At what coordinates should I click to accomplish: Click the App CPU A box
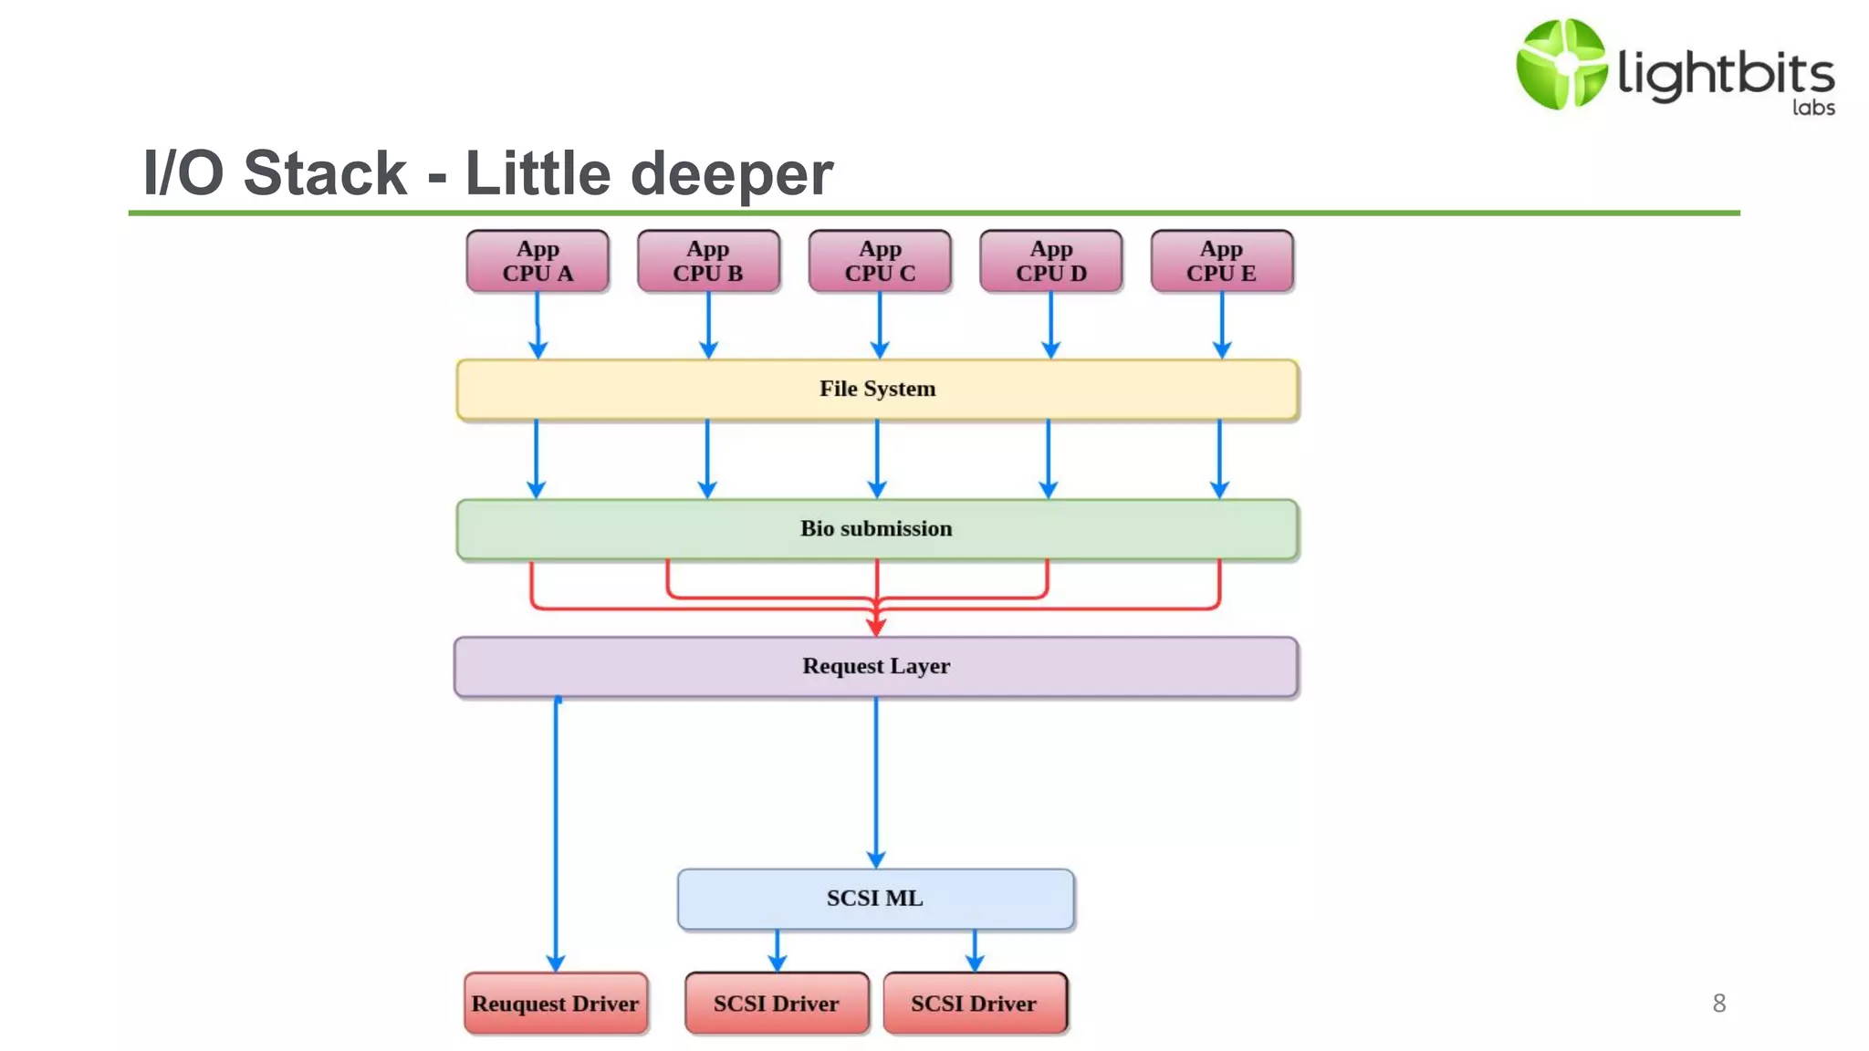[x=538, y=261]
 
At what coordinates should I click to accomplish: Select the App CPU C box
[x=880, y=261]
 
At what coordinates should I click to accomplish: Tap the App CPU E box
[x=1222, y=261]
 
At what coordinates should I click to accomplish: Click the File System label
[x=877, y=389]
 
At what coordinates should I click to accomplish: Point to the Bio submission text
[x=876, y=529]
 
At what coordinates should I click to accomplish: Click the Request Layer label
[x=876, y=666]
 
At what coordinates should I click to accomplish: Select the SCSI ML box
[x=875, y=899]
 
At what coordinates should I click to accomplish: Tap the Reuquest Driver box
[x=555, y=1004]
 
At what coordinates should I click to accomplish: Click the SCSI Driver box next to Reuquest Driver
[x=777, y=1004]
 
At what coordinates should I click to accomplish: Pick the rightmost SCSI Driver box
[x=974, y=1004]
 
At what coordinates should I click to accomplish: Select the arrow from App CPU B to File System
[x=708, y=324]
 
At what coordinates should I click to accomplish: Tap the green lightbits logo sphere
[x=1561, y=64]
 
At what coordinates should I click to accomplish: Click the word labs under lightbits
[x=1813, y=108]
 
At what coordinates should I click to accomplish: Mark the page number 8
[x=1719, y=1004]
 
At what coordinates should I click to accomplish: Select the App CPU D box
[x=1051, y=261]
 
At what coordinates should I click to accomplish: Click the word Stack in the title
[x=325, y=173]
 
